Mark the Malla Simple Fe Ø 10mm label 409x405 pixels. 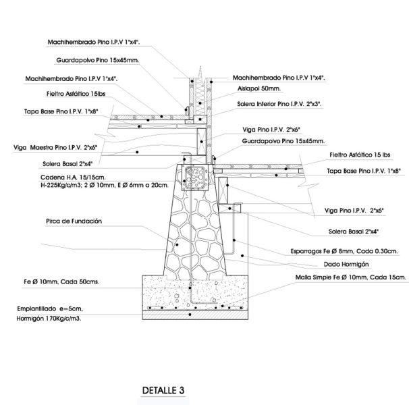coord(340,277)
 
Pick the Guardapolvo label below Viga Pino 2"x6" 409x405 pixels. coord(283,142)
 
